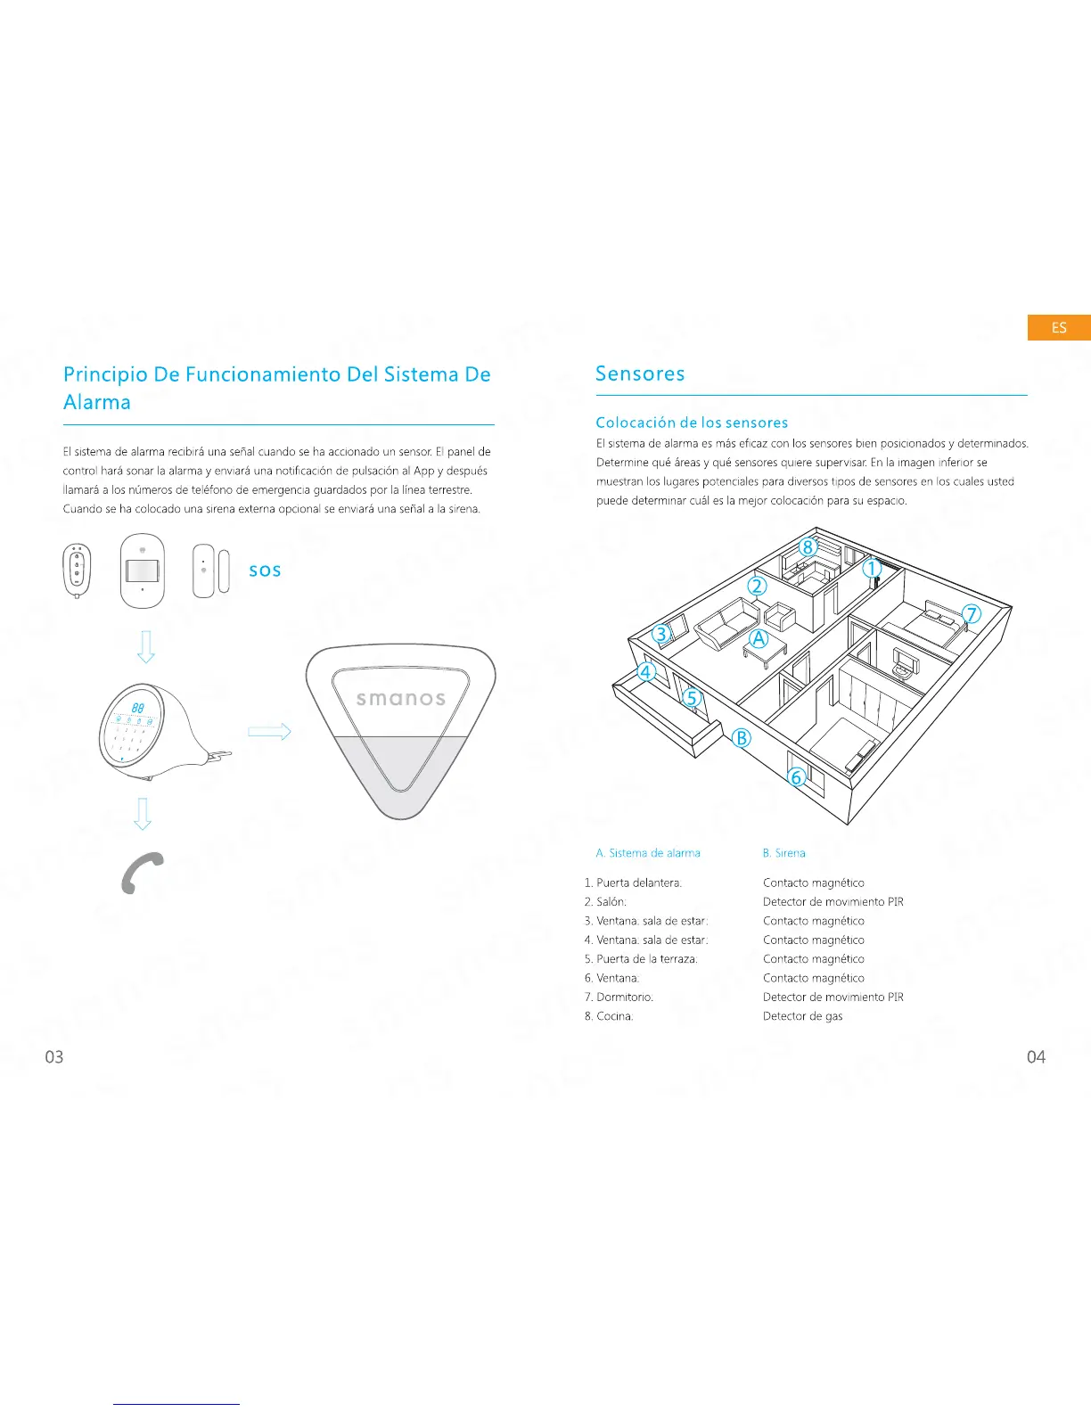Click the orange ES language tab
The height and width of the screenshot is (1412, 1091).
pyautogui.click(x=1058, y=328)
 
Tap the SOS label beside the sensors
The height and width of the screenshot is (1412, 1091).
pyautogui.click(x=265, y=571)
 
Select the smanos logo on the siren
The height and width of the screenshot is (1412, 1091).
pyautogui.click(x=400, y=699)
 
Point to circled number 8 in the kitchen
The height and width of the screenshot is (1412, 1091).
pyautogui.click(x=808, y=547)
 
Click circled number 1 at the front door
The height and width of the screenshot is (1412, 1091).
pyautogui.click(x=872, y=568)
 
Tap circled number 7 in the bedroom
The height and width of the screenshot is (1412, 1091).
pyautogui.click(x=972, y=614)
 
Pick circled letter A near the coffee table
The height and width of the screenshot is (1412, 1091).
pyautogui.click(x=759, y=638)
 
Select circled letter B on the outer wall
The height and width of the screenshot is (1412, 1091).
pyautogui.click(x=742, y=738)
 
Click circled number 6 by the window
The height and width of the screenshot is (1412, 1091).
pyautogui.click(x=797, y=777)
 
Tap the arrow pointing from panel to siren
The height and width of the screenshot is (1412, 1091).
pyautogui.click(x=269, y=732)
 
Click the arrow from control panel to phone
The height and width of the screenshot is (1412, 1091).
pyautogui.click(x=143, y=813)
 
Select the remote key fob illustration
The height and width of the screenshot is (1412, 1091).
pyautogui.click(x=77, y=571)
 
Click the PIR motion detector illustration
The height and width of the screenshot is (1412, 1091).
pyautogui.click(x=143, y=571)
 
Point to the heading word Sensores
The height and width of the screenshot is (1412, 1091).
pyautogui.click(x=640, y=374)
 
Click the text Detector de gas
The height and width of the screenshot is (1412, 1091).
pyautogui.click(x=802, y=1016)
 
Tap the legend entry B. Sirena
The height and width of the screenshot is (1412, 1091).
pyautogui.click(x=783, y=853)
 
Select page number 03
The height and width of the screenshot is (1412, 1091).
pyautogui.click(x=54, y=1057)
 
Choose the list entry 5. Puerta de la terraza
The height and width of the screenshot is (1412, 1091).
pyautogui.click(x=641, y=959)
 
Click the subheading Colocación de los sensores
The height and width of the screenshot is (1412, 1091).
pyautogui.click(x=692, y=423)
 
